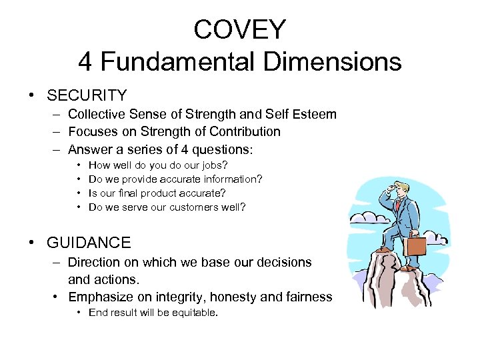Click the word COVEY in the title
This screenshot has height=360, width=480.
tap(239, 29)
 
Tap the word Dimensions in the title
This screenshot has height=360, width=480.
tap(331, 61)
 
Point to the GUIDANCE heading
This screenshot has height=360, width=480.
tap(89, 243)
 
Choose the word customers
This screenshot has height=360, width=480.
tap(190, 207)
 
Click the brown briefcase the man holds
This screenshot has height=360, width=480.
tap(415, 245)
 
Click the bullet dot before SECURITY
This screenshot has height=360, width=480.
tap(33, 96)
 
